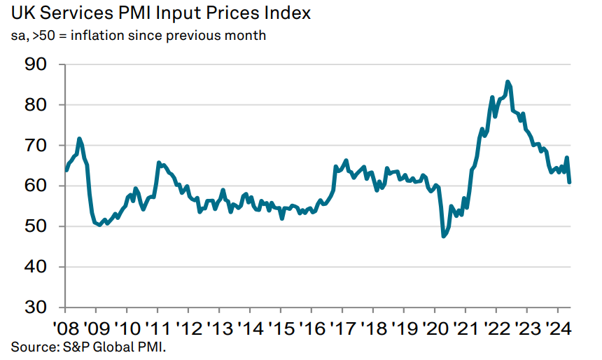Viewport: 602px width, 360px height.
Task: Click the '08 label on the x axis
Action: coord(65,328)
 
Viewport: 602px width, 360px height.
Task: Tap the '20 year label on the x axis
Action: coord(435,328)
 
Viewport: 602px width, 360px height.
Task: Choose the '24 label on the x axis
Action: coord(558,328)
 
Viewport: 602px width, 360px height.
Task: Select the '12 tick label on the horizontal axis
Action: coord(188,328)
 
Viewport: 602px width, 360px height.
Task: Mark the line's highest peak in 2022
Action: coord(507,81)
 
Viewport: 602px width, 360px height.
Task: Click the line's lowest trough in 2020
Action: coord(443,237)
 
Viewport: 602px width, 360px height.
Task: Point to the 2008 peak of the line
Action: coord(80,139)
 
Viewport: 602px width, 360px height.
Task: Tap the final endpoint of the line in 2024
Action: coord(570,183)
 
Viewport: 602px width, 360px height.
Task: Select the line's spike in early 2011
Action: coord(159,162)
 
